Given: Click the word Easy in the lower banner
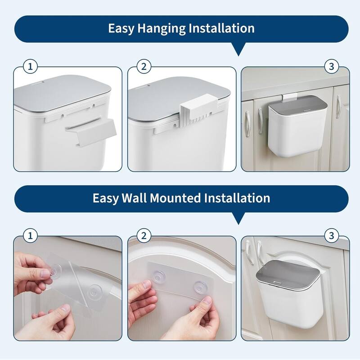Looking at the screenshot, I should tap(106, 198).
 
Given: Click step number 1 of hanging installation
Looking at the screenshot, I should tap(31, 67).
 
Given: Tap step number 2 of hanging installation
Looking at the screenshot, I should tap(144, 67).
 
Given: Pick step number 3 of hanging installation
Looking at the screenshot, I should tap(331, 67).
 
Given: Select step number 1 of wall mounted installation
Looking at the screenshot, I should tap(31, 235).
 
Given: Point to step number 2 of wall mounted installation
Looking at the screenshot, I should tap(144, 235).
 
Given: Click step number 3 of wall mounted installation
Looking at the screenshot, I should tap(331, 235).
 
